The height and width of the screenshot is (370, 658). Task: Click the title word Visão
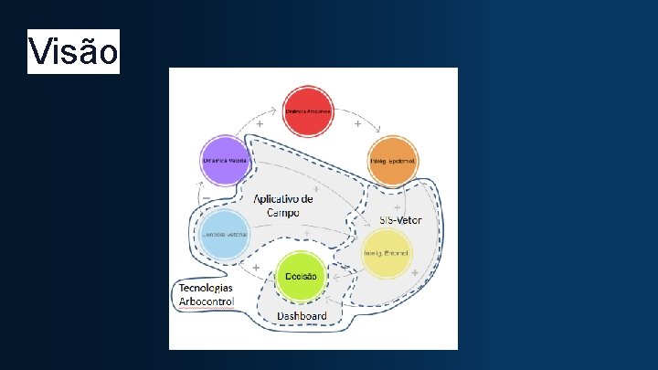[73, 52]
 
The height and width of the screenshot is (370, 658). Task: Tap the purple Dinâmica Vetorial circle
[226, 161]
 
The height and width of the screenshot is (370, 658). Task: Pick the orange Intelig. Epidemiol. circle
[393, 162]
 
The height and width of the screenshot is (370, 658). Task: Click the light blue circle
[226, 234]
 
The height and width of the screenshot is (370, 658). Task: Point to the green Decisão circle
[302, 275]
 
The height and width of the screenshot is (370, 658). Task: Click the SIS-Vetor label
[402, 221]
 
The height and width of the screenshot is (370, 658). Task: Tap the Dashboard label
[302, 316]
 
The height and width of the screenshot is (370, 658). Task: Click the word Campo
[283, 212]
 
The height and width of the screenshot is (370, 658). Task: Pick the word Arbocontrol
[207, 301]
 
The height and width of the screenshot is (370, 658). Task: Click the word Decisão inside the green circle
[302, 276]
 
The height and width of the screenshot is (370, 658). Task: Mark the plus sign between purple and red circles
[260, 123]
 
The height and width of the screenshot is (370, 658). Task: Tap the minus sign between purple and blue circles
[206, 197]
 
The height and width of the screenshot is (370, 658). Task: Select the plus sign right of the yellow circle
[414, 272]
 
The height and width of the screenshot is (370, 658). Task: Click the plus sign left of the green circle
[257, 268]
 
